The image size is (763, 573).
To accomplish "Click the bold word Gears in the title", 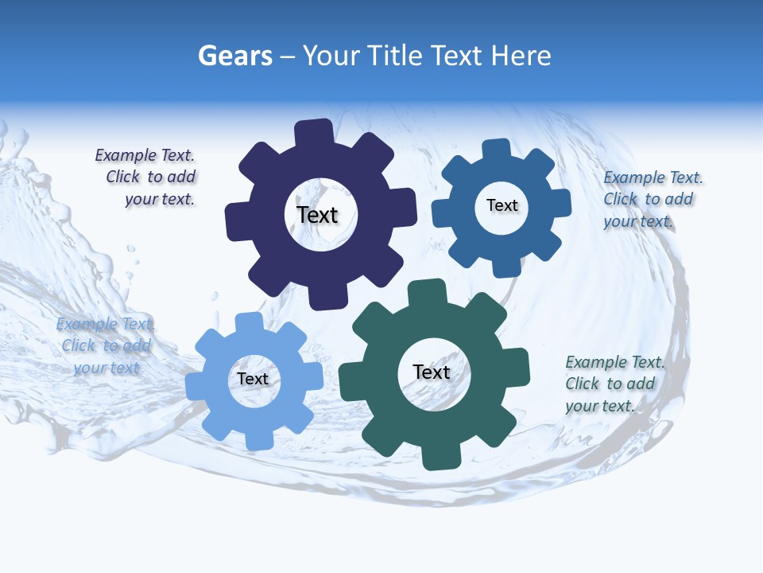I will click(234, 56).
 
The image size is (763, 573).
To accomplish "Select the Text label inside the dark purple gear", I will click(318, 215).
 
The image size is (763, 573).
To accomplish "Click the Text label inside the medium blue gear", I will click(502, 205).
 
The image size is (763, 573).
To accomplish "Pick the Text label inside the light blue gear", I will click(253, 379).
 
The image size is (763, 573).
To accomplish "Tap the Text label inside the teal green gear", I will click(432, 372).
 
